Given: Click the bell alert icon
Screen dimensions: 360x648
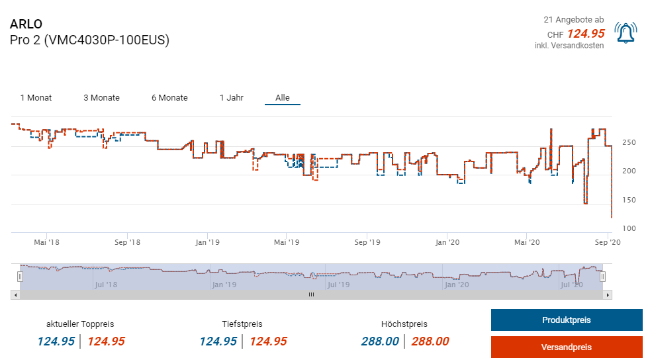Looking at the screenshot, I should [625, 33].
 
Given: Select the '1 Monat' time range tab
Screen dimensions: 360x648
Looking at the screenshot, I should [36, 98].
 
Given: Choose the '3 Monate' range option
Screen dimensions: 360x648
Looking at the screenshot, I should [101, 98].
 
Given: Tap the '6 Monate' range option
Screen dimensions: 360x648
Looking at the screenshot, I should [169, 98].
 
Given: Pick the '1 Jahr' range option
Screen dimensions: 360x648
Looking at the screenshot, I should [232, 98].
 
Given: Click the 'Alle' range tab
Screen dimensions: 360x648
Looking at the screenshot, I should [283, 98].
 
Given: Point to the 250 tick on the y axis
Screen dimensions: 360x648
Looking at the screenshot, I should [629, 142].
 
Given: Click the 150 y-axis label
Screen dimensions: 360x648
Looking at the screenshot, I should [629, 200].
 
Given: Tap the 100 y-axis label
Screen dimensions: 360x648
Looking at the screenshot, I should [629, 228].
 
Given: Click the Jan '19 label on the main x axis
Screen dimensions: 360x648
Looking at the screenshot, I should [207, 242].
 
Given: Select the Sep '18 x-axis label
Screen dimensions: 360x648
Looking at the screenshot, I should [126, 242].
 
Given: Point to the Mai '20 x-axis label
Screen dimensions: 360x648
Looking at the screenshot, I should [526, 242].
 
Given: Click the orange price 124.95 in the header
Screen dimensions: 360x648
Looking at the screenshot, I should [586, 34].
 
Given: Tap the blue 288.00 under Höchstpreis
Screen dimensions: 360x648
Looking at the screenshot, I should [380, 341].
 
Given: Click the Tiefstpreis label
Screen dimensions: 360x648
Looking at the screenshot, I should [242, 324].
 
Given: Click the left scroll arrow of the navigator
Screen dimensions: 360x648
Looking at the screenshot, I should [15, 294].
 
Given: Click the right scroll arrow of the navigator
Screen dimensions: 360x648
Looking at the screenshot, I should [608, 294].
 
